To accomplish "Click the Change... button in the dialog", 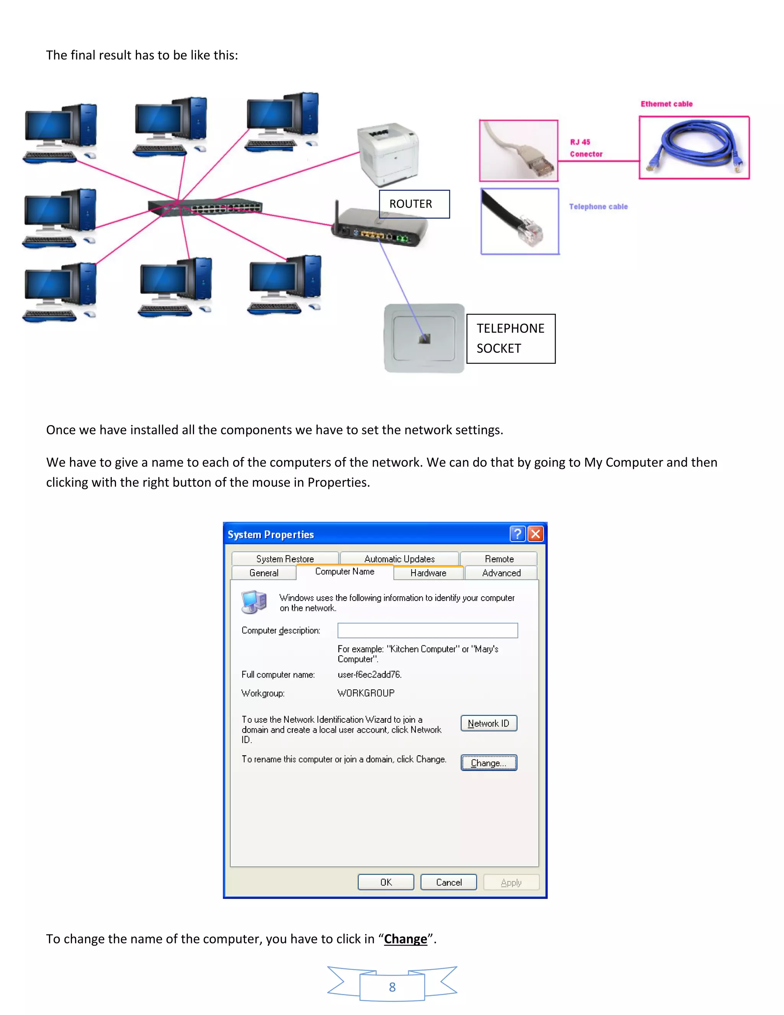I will click(x=488, y=763).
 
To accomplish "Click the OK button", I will click(x=385, y=882).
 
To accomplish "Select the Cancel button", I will click(x=448, y=882).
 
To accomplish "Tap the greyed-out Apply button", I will click(x=511, y=882).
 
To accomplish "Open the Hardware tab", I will click(x=428, y=573).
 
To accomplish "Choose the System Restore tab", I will click(x=285, y=558).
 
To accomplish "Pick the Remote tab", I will click(x=499, y=558).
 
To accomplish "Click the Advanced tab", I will click(x=501, y=573).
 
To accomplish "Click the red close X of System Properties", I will click(x=536, y=534).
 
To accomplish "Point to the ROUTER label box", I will click(x=414, y=204).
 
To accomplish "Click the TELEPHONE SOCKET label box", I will click(x=510, y=338).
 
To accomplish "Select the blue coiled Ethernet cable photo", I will click(x=694, y=147).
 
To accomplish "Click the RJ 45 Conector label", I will click(x=586, y=148).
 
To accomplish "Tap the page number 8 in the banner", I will click(x=392, y=987).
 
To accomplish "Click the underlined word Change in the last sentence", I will click(x=405, y=939).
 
